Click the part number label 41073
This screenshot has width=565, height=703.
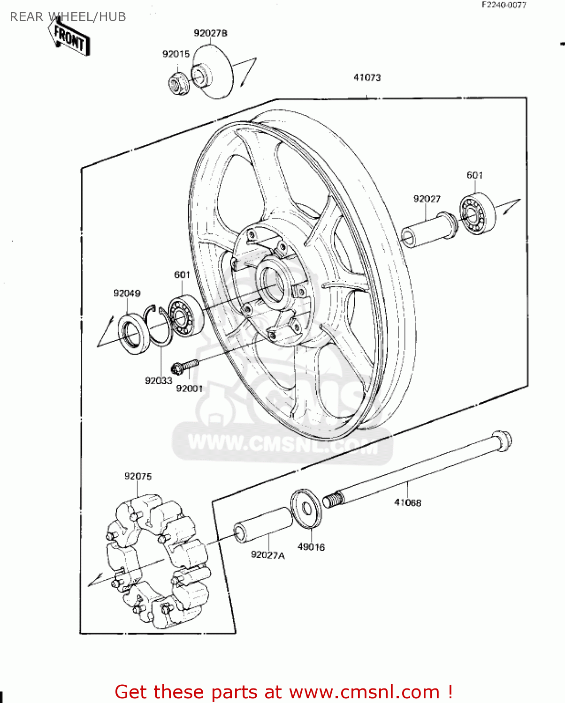(x=367, y=78)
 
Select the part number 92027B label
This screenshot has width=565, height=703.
(x=211, y=33)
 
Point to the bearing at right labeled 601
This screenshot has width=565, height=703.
(x=477, y=214)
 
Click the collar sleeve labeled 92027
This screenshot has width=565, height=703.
(x=428, y=231)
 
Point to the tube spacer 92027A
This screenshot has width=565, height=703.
(x=263, y=525)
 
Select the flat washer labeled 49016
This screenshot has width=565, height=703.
(x=306, y=509)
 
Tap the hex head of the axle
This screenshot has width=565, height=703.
(x=502, y=441)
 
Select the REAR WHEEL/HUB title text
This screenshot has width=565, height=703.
(x=68, y=17)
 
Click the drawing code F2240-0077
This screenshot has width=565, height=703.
(x=504, y=5)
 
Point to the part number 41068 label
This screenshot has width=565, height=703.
(x=407, y=503)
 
